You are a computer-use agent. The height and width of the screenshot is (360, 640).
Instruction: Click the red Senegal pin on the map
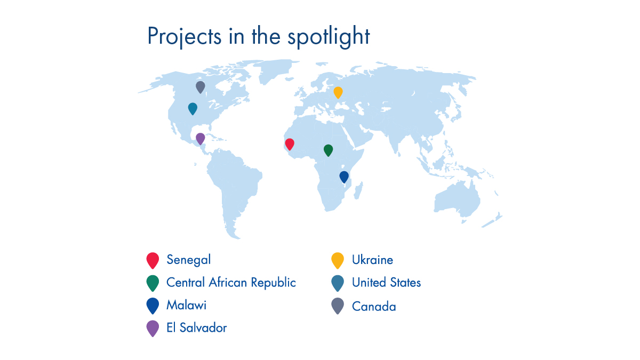(290, 143)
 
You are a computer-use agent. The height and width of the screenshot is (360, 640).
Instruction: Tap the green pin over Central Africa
(328, 150)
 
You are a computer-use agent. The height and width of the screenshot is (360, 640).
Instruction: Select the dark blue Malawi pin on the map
(344, 176)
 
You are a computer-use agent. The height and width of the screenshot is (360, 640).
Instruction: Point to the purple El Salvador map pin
(201, 138)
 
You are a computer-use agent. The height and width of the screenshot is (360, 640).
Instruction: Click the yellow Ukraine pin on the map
(338, 92)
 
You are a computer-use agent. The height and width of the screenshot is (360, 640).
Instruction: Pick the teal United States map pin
(193, 108)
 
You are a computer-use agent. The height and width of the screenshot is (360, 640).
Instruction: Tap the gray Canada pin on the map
(201, 86)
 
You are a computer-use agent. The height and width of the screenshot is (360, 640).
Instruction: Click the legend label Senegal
(188, 260)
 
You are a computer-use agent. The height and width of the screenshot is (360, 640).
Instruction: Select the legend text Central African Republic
(231, 282)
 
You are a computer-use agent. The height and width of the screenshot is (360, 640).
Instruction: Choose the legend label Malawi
(186, 305)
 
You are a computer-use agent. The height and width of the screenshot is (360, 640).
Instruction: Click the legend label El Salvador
(196, 327)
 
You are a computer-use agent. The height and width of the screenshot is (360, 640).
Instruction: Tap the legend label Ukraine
(372, 260)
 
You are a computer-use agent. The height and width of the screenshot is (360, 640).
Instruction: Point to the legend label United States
(386, 282)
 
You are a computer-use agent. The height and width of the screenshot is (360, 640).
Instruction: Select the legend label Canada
(374, 307)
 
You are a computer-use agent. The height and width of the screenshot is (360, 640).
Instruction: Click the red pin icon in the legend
(153, 259)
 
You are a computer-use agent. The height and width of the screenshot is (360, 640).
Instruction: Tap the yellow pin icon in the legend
(338, 260)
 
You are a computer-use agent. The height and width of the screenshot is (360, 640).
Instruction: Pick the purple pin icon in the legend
(153, 327)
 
